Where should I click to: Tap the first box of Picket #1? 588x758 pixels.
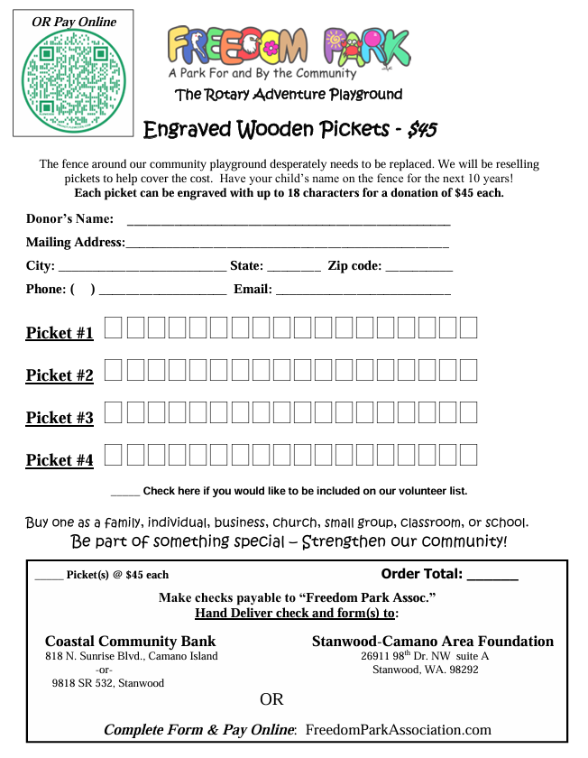(114, 328)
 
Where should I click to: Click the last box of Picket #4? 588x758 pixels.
(468, 454)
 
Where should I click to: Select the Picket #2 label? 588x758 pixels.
(60, 375)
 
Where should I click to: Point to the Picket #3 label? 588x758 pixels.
(60, 418)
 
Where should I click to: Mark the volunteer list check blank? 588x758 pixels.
(125, 493)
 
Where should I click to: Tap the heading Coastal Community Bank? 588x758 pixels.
(131, 642)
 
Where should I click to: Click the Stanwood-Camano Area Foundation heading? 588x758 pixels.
(433, 642)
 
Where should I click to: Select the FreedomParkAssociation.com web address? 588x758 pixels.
(399, 730)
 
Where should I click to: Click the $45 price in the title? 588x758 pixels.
(422, 130)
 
